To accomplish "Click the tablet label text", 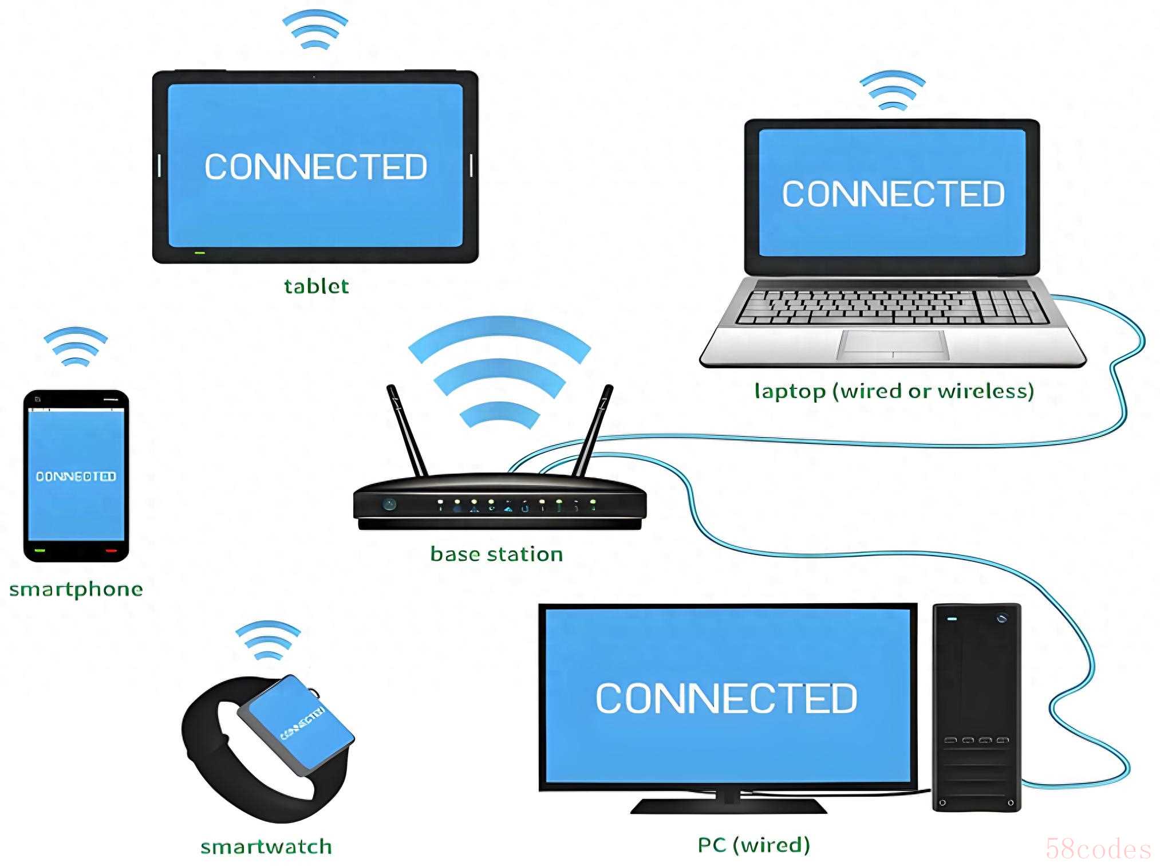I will (x=316, y=286).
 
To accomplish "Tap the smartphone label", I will (x=76, y=589).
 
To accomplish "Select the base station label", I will (x=496, y=554).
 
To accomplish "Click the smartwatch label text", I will (x=266, y=846).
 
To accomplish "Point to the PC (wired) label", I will (x=753, y=844).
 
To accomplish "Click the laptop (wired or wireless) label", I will (x=894, y=391).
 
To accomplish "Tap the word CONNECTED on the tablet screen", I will (x=315, y=167).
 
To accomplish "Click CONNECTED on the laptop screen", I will (x=893, y=194).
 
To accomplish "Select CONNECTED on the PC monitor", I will (x=726, y=698).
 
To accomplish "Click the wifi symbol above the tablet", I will (x=315, y=30).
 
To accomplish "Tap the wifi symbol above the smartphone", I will (x=76, y=347).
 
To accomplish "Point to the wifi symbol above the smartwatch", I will (x=268, y=640).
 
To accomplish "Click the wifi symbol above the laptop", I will (x=892, y=90).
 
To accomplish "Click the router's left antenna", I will (x=407, y=430).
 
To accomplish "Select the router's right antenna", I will (x=594, y=430).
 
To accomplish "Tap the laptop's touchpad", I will (x=893, y=344).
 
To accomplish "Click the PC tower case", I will (x=976, y=707).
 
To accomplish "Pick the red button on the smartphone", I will (x=111, y=550).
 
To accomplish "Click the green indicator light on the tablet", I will (x=199, y=253).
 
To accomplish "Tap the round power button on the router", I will (x=389, y=505).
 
